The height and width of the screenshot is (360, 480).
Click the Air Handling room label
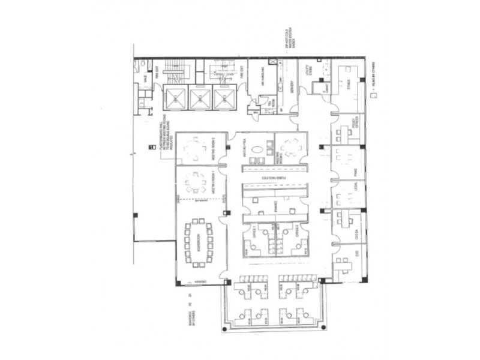point(262,79)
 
